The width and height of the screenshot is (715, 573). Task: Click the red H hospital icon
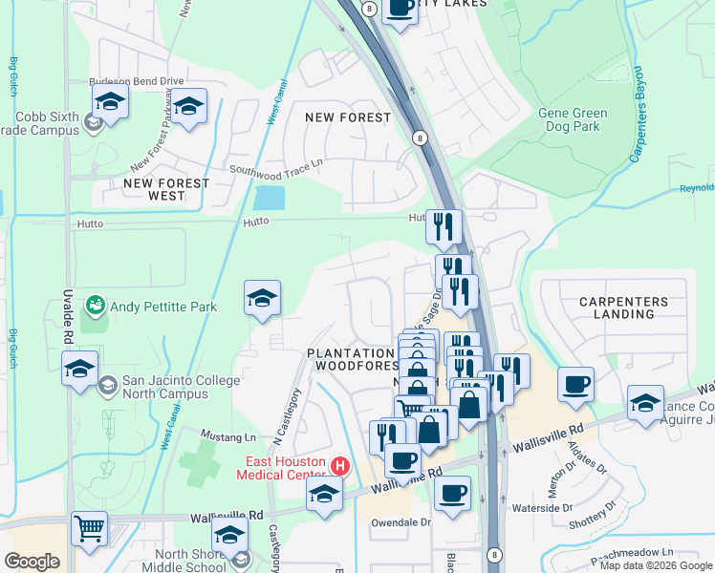tap(338, 466)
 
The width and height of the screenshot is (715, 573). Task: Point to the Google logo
tap(32, 562)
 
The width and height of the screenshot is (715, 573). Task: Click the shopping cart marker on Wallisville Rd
tap(89, 528)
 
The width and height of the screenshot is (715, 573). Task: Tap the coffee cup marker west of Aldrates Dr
tap(575, 385)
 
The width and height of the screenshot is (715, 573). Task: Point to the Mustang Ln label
tap(238, 437)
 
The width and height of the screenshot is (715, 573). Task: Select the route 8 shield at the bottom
tap(493, 554)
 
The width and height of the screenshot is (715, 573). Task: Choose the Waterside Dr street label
tap(540, 508)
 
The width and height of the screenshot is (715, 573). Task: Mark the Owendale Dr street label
tap(402, 522)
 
